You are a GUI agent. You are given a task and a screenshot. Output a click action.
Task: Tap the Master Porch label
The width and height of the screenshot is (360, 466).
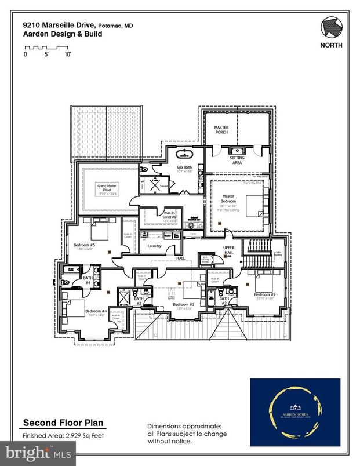pos(221,129)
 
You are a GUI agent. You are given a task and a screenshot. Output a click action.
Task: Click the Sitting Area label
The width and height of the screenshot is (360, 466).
pos(221,159)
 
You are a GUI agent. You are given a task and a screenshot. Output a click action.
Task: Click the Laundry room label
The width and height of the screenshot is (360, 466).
pos(154,246)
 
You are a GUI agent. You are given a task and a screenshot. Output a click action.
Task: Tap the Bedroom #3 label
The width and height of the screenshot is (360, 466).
pos(183,304)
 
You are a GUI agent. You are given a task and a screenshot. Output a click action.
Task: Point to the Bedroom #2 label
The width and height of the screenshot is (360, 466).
pos(264,294)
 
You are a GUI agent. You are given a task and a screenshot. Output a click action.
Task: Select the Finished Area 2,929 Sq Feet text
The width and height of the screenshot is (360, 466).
pos(63,435)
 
